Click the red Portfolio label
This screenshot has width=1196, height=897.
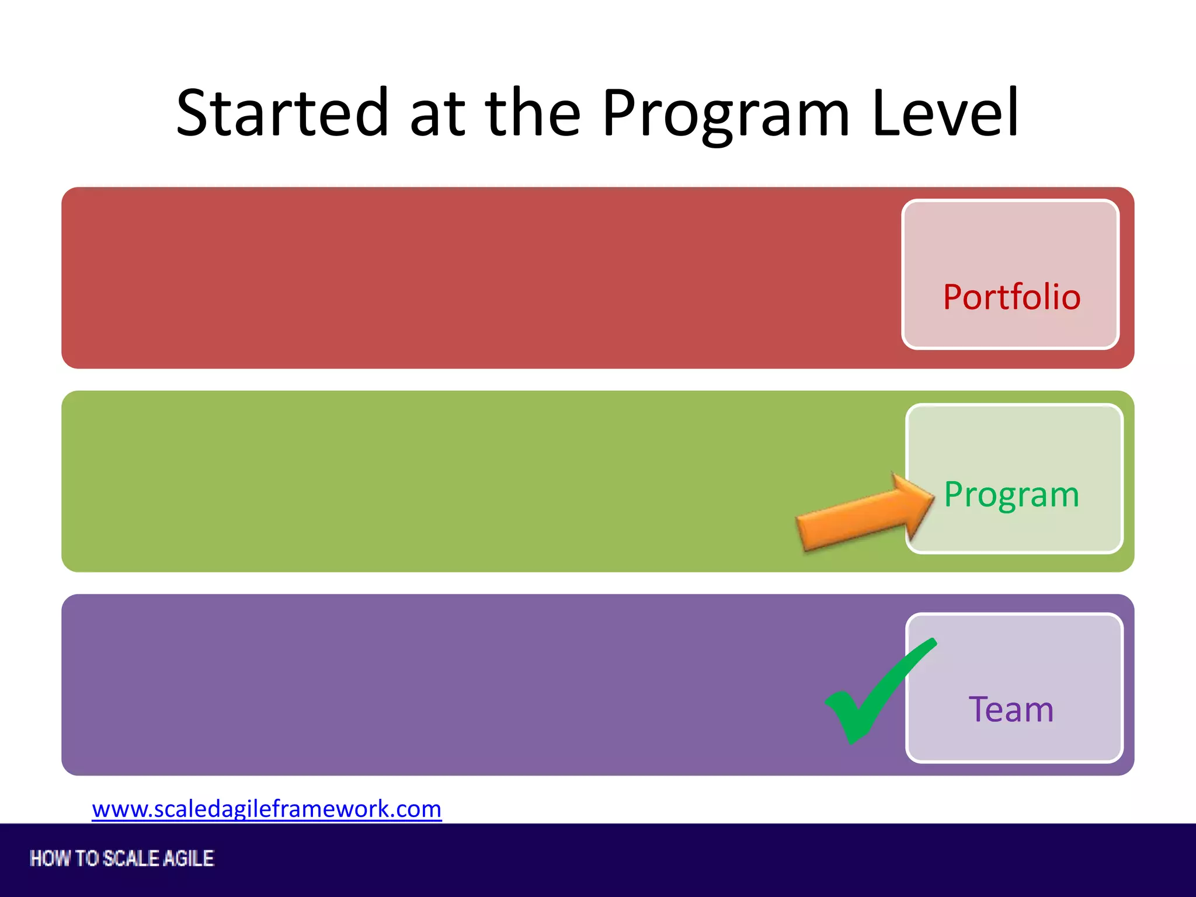pyautogui.click(x=1011, y=297)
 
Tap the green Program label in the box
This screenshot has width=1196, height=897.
pyautogui.click(x=1011, y=495)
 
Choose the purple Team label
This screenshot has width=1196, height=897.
pyautogui.click(x=1011, y=710)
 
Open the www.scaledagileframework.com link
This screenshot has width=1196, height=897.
pyautogui.click(x=266, y=809)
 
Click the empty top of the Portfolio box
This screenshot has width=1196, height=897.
pyautogui.click(x=1010, y=234)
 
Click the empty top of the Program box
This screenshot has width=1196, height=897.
pyautogui.click(x=1014, y=435)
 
